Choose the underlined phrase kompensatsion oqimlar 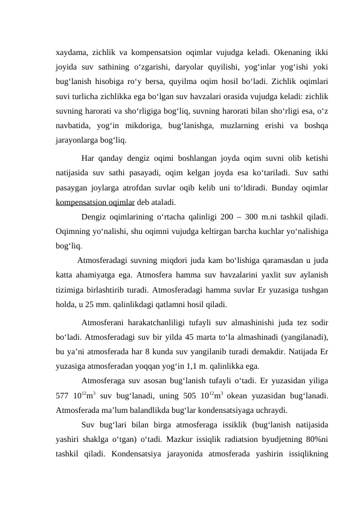tap(94, 203)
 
